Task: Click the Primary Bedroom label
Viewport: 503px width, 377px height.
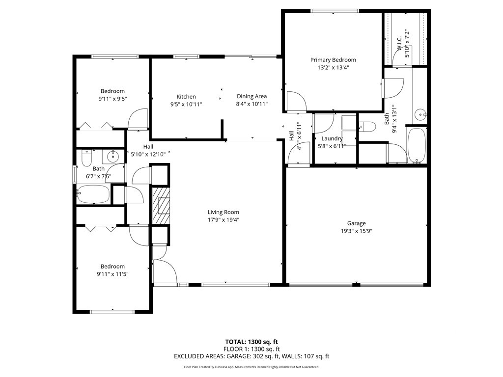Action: pos(333,60)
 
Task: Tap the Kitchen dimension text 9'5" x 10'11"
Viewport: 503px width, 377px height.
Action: pos(186,104)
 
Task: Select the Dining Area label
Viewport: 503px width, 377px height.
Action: pos(252,96)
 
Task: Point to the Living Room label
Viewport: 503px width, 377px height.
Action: pos(224,212)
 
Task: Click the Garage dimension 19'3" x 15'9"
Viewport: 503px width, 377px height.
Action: pos(357,231)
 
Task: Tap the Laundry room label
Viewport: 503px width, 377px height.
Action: pos(332,138)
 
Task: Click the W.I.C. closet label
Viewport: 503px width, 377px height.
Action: pos(399,43)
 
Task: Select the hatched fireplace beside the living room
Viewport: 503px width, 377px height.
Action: pos(161,206)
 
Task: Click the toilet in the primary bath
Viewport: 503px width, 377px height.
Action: pos(367,126)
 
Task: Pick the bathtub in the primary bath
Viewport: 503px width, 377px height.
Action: pos(417,145)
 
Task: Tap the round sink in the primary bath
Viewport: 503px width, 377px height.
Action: pos(420,114)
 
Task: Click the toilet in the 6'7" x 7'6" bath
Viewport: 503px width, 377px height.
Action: pos(87,158)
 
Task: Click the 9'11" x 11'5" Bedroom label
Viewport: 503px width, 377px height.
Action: pos(112,267)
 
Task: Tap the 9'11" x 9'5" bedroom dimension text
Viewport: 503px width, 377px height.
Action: pos(112,99)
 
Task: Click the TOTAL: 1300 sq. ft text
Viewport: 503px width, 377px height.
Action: pos(251,342)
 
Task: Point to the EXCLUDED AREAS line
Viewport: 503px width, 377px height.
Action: pos(251,356)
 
